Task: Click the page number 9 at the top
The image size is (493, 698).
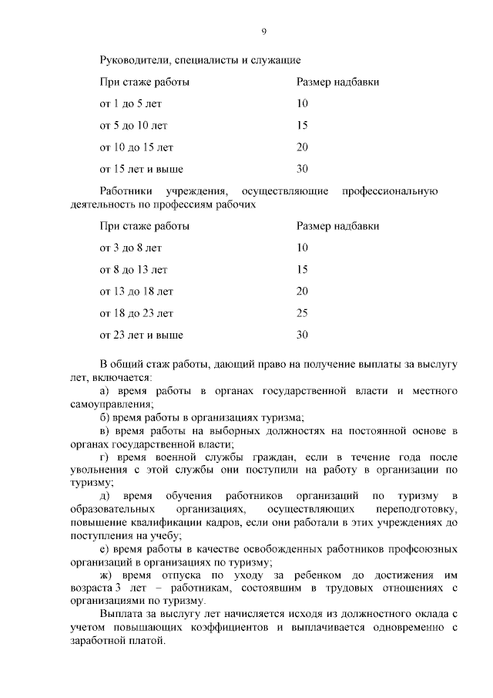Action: (263, 32)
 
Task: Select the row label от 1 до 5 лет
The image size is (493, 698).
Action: (130, 103)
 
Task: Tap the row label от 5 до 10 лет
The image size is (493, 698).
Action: (133, 125)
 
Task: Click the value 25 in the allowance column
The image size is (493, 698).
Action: (302, 313)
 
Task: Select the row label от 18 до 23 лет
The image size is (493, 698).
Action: (136, 313)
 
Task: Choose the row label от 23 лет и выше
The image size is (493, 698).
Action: (141, 335)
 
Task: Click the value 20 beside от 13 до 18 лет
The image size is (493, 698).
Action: (302, 292)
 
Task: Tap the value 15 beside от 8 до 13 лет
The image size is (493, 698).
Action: (302, 270)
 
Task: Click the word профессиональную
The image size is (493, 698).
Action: (395, 191)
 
